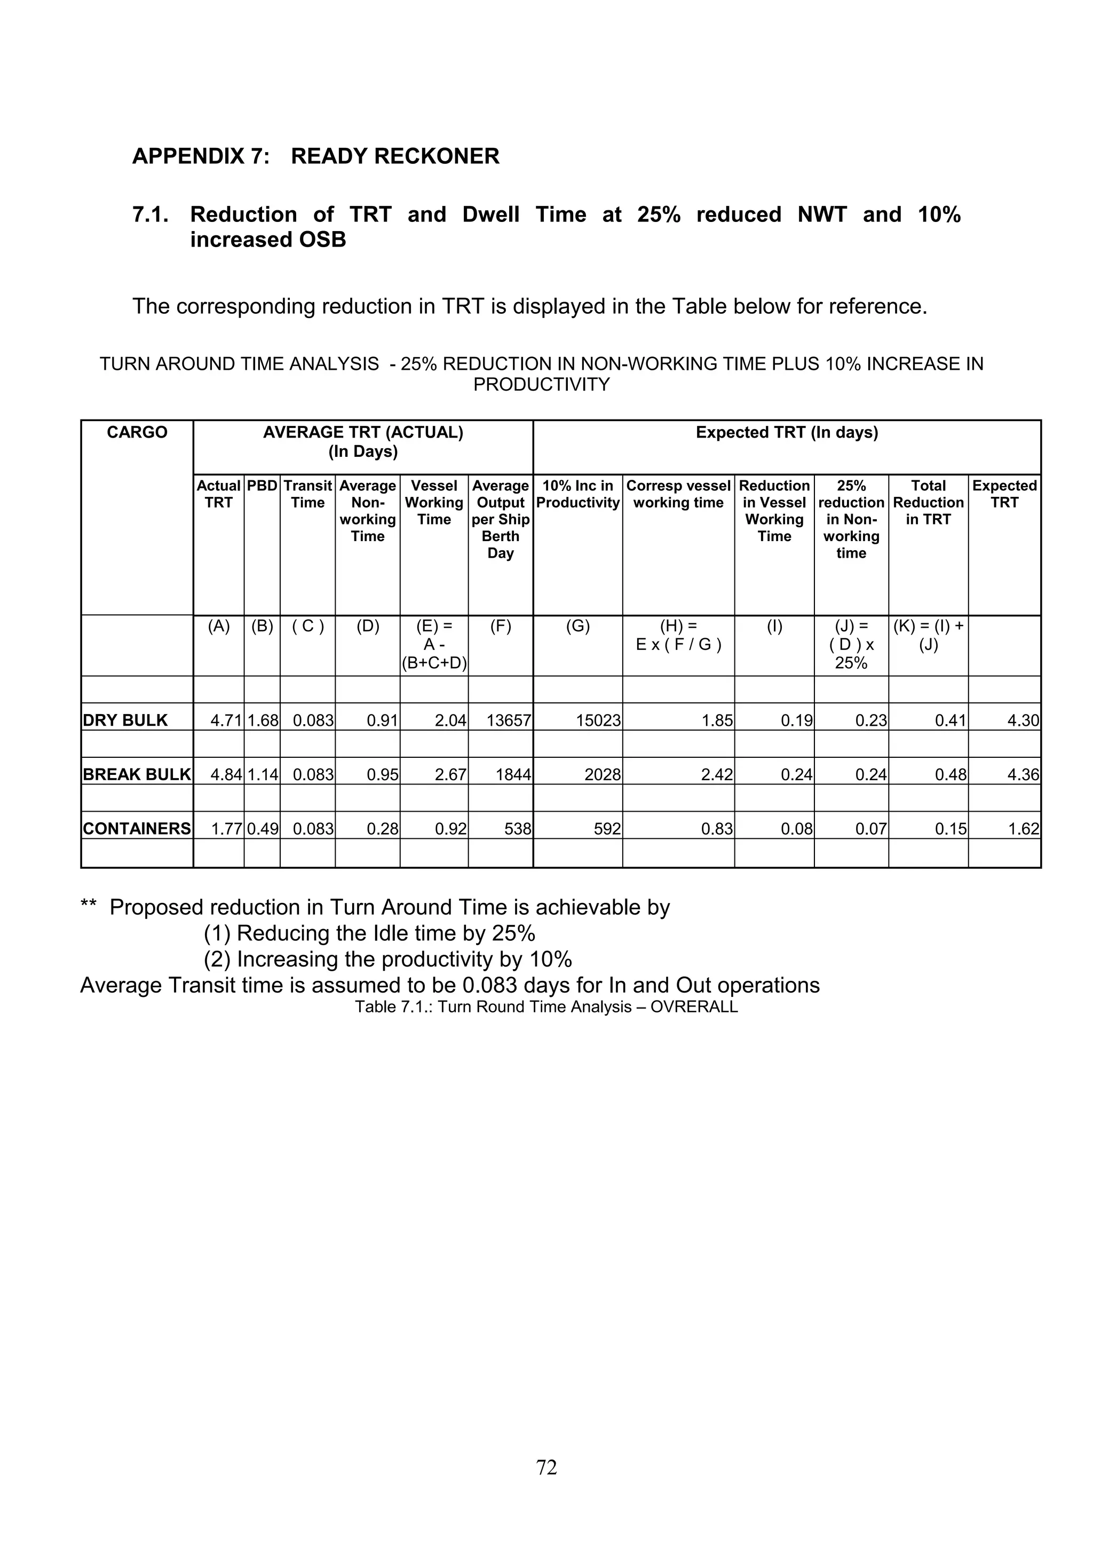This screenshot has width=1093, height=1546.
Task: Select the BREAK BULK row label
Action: coord(137,774)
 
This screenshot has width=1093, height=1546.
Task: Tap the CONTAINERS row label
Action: coord(137,828)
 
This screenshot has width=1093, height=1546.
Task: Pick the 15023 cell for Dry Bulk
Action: coord(598,720)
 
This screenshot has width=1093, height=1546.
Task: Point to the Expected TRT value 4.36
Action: coord(1023,774)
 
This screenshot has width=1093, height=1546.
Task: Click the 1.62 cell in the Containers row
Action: coord(1024,828)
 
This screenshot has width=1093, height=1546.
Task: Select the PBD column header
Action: coord(262,486)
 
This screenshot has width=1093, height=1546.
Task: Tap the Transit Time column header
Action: coord(308,494)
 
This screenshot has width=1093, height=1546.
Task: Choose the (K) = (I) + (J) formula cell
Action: coord(928,636)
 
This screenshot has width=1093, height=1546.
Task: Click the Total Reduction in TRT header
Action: coord(928,502)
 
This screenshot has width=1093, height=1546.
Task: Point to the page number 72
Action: coord(546,1466)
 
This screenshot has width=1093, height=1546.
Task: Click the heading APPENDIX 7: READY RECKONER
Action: coord(316,156)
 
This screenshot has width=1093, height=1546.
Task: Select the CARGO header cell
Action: coord(137,432)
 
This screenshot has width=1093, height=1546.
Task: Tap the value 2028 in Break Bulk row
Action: coord(602,774)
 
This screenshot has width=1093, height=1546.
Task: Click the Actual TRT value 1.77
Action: coord(226,828)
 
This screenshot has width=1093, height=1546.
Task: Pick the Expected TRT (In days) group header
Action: coord(787,432)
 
